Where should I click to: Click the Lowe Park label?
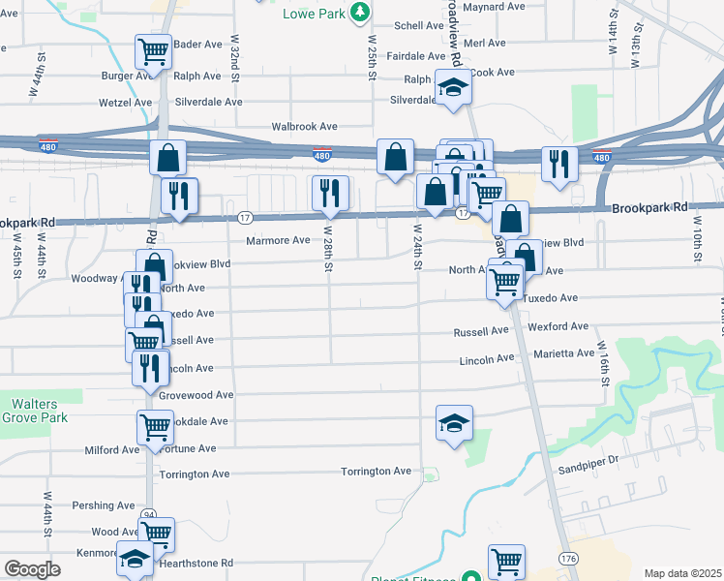[314, 14]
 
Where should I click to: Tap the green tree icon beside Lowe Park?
[360, 12]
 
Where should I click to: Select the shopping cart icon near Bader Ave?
[153, 49]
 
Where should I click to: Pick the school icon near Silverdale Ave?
[451, 88]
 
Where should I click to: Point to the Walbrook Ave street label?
[304, 127]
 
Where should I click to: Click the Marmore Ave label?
[278, 240]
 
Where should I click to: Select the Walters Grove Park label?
[35, 411]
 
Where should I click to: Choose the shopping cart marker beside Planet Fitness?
[506, 560]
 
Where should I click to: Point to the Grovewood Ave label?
[196, 395]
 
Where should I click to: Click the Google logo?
[32, 569]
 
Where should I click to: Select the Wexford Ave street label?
[558, 327]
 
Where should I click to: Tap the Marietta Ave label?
[563, 353]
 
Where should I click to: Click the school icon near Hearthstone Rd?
[136, 561]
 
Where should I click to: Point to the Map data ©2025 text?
[682, 573]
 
